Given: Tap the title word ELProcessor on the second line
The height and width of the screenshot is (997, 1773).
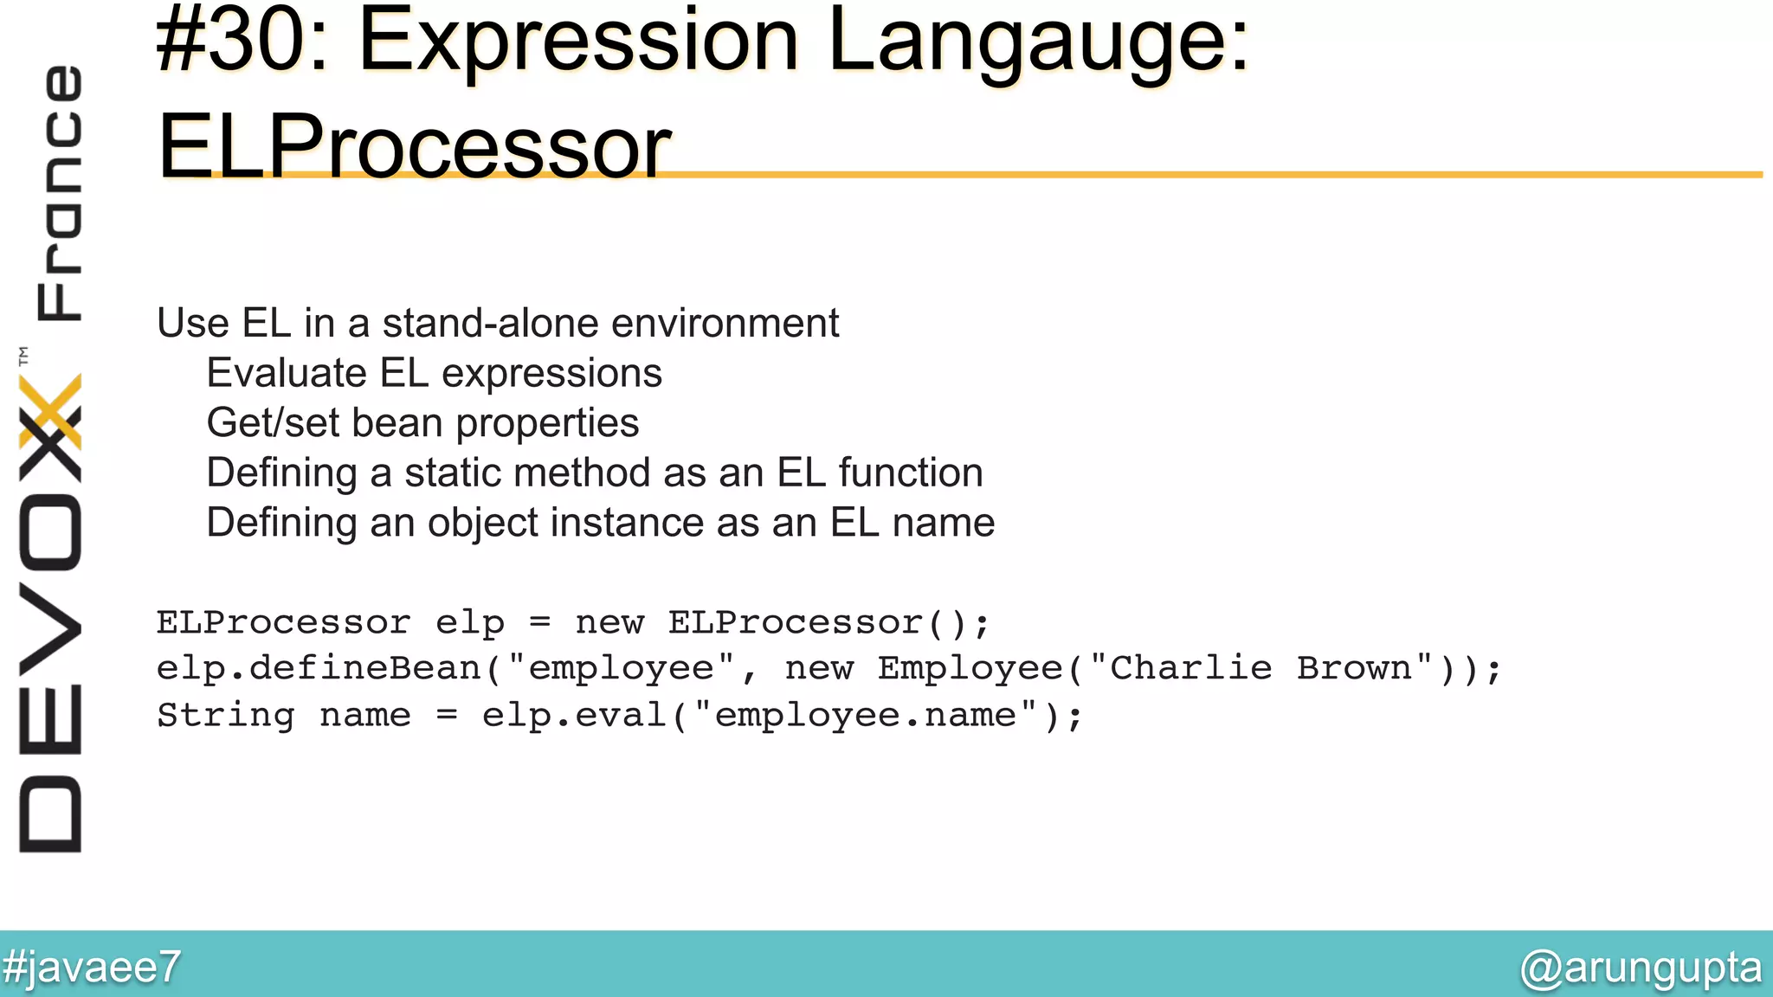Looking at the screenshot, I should point(414,147).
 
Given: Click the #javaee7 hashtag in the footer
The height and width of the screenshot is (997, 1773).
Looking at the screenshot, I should point(92,966).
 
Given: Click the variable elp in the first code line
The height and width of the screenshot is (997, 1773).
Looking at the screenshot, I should point(469,623).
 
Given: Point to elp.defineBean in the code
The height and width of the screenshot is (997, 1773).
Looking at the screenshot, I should point(318,669).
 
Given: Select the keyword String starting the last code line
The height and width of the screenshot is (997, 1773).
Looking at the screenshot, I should point(225,716).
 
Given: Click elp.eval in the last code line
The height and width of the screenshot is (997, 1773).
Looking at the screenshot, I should point(573,716).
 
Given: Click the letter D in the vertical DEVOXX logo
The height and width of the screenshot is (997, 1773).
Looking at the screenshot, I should point(50,814).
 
